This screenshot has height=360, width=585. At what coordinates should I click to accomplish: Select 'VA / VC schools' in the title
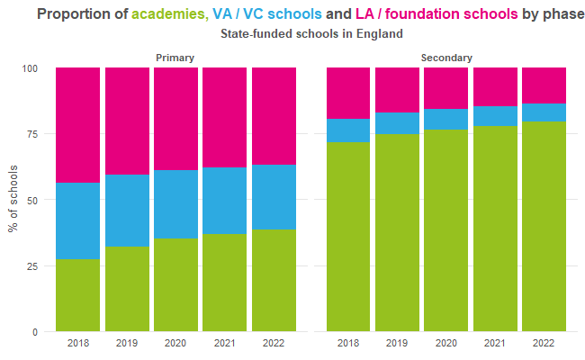(x=263, y=14)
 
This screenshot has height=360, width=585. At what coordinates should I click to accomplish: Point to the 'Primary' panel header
(x=175, y=58)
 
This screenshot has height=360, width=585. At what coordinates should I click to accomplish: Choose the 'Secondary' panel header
(x=445, y=58)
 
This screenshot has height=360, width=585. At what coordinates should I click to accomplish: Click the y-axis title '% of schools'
(x=13, y=200)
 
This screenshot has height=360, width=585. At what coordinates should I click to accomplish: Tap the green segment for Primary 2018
(x=77, y=295)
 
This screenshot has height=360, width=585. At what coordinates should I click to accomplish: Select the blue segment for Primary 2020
(x=175, y=204)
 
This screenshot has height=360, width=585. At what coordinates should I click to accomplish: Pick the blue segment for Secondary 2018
(x=348, y=130)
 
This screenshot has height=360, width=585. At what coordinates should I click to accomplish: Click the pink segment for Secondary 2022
(x=544, y=85)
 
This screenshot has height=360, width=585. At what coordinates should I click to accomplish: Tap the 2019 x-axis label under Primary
(x=126, y=344)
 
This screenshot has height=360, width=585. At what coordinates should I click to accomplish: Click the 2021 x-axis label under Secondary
(x=495, y=344)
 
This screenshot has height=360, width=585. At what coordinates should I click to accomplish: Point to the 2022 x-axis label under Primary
(x=273, y=344)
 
